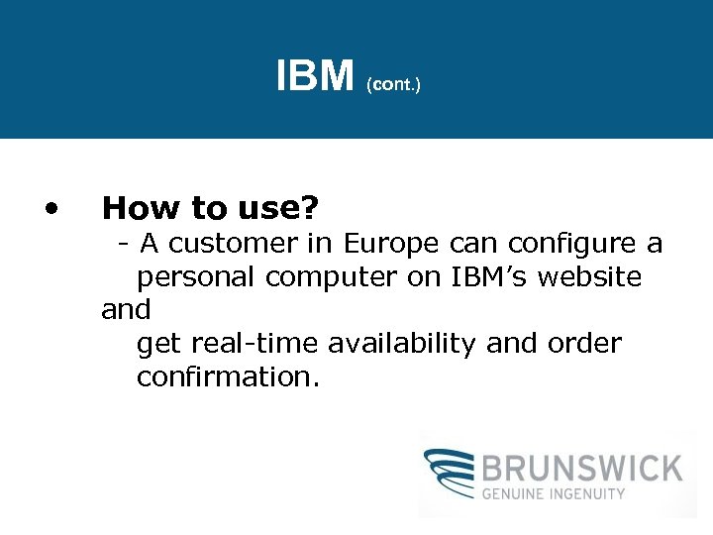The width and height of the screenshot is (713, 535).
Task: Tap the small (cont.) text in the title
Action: [x=393, y=86]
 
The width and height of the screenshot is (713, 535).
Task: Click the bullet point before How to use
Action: [x=52, y=208]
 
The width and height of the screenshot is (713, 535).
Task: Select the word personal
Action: [x=197, y=277]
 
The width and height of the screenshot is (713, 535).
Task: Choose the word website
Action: [x=590, y=276]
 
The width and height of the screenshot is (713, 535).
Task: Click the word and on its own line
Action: [x=126, y=310]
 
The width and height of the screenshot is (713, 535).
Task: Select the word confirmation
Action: [x=228, y=377]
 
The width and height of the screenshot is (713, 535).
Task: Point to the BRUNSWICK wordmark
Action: [x=582, y=468]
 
